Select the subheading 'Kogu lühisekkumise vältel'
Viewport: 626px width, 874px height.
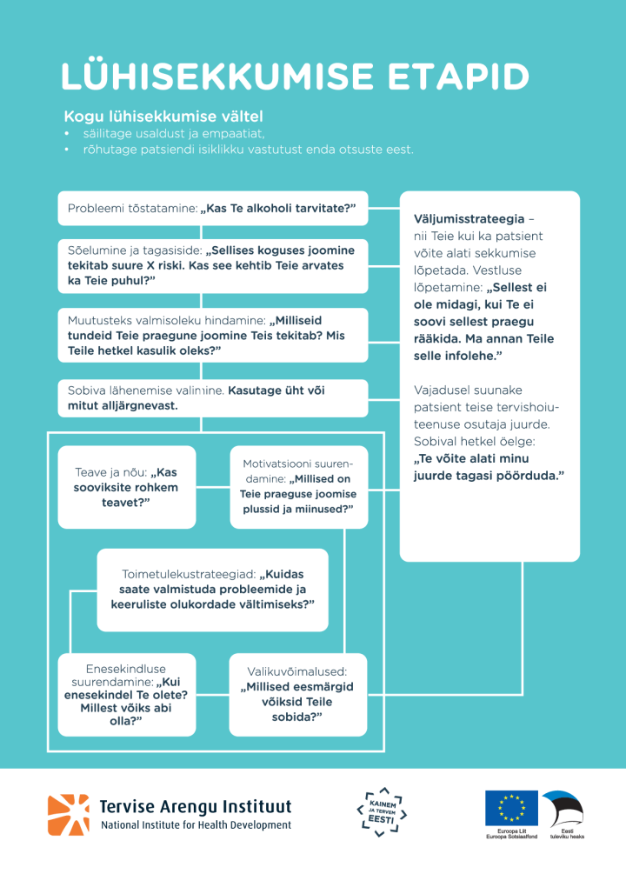(x=163, y=117)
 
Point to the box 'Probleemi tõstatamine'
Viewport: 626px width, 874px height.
(x=212, y=209)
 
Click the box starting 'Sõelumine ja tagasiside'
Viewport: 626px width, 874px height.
(x=212, y=265)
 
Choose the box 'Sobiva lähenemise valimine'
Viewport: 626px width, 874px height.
(x=212, y=398)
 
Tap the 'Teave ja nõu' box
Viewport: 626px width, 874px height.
(x=127, y=487)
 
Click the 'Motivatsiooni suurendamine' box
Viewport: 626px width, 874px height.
(x=298, y=487)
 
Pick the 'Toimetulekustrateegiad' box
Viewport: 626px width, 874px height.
(x=212, y=590)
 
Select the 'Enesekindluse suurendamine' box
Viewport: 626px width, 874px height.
(x=127, y=694)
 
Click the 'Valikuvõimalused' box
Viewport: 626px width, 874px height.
(x=298, y=694)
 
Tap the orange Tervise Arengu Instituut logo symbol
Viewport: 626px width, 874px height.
(x=68, y=815)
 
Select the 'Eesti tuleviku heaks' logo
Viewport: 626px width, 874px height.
(x=563, y=814)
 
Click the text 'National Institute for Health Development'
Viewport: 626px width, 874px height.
(x=196, y=825)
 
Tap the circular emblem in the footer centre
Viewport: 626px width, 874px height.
(x=382, y=813)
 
